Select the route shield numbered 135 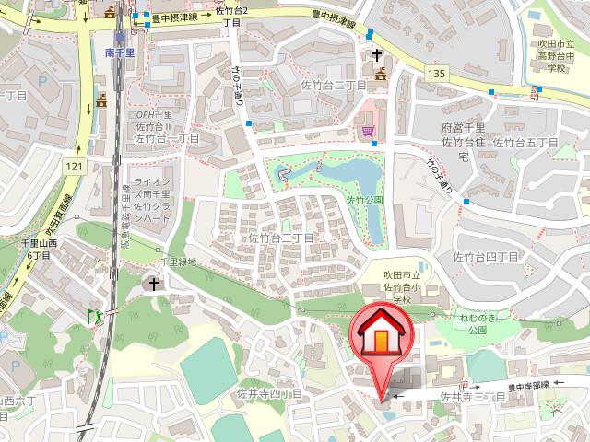438,72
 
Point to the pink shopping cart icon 369,132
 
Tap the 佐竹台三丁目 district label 281,238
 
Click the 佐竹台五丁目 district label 525,142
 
